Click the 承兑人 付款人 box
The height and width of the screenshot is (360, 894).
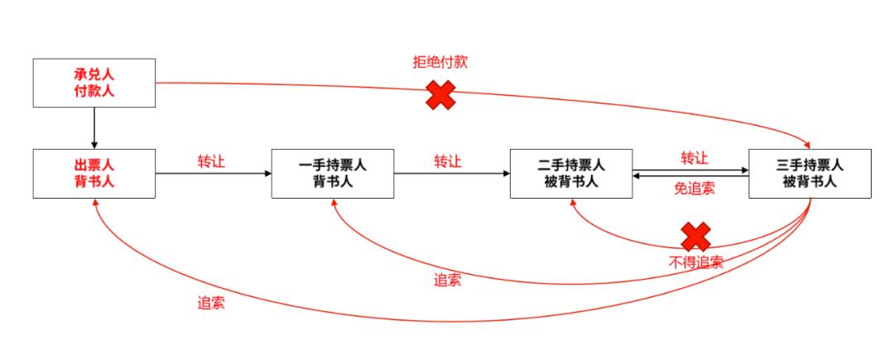click(x=94, y=83)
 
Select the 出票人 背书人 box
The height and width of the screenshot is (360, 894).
click(x=94, y=174)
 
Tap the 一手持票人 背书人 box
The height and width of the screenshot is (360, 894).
click(x=332, y=174)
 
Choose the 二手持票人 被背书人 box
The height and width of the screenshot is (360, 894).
click(x=571, y=174)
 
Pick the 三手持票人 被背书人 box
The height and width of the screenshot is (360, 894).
click(x=810, y=174)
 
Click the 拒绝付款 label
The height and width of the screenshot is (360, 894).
click(x=440, y=62)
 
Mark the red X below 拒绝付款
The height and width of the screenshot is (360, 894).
click(x=440, y=95)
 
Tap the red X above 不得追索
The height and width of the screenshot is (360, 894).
click(x=695, y=237)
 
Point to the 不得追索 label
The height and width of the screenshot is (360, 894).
click(x=695, y=262)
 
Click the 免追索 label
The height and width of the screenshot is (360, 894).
click(x=694, y=189)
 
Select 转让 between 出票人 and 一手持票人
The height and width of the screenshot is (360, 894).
click(x=211, y=161)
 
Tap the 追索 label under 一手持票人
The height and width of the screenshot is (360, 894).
click(x=448, y=280)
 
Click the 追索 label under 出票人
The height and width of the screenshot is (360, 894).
click(x=211, y=303)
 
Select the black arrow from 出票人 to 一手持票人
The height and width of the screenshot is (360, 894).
click(x=214, y=174)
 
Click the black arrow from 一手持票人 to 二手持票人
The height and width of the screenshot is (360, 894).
click(x=452, y=174)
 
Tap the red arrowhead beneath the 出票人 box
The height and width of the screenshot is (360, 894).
click(x=95, y=204)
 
